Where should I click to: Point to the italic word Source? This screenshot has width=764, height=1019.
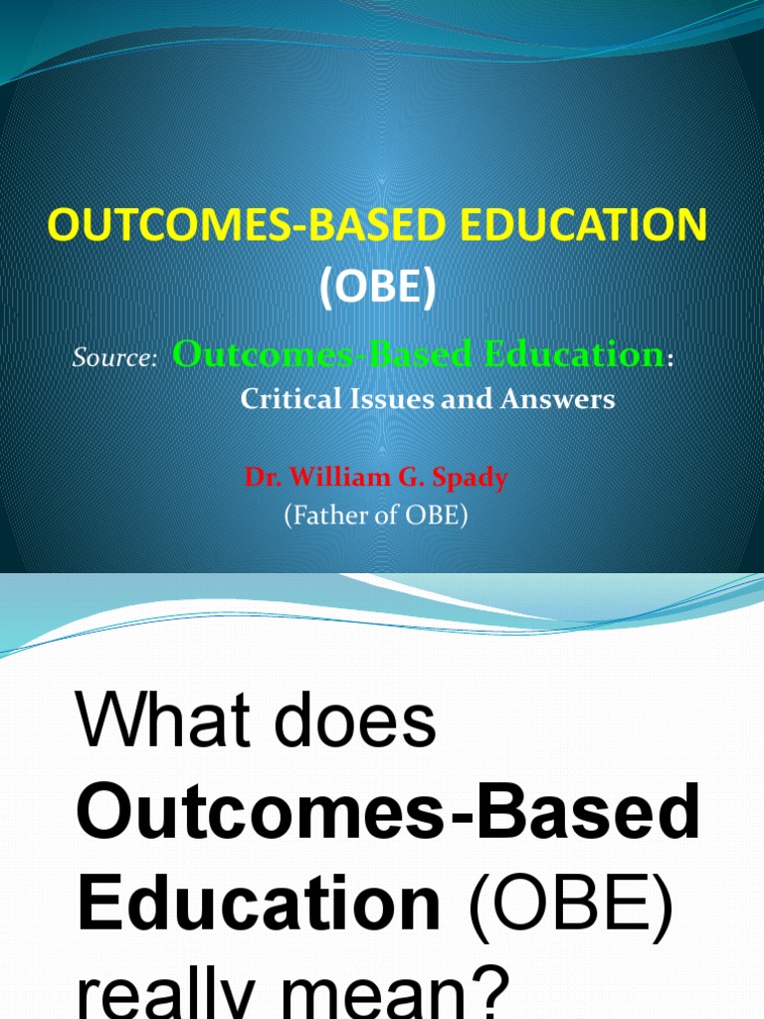(x=114, y=358)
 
